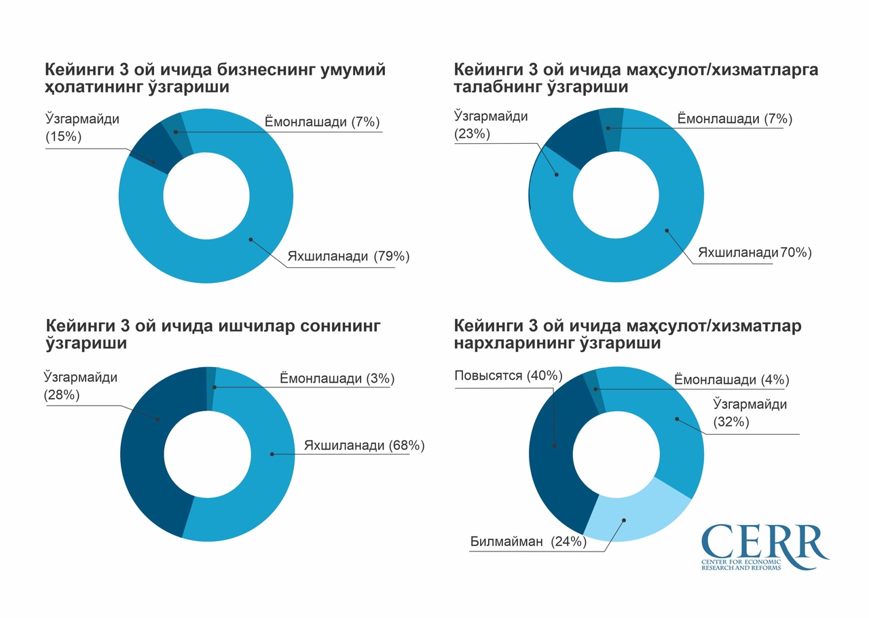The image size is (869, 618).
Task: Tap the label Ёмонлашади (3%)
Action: [x=337, y=379]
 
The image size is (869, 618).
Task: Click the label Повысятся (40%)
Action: [x=509, y=375]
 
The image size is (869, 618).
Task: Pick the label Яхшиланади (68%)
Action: [x=364, y=446]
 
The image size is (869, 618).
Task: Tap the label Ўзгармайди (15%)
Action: [x=81, y=128]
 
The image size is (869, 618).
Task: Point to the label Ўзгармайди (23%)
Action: [x=490, y=125]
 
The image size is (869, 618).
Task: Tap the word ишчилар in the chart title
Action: [x=246, y=326]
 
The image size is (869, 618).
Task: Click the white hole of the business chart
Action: [x=206, y=197]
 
